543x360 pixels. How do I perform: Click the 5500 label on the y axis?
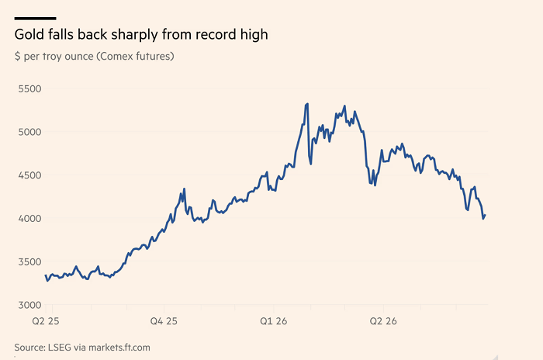[x=29, y=88]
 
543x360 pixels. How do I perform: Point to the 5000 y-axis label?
[x=29, y=132]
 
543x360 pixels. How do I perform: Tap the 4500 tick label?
[x=29, y=175]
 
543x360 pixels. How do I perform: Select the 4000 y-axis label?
[x=29, y=219]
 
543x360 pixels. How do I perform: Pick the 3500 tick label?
[x=29, y=262]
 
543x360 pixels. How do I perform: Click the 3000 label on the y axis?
[x=29, y=305]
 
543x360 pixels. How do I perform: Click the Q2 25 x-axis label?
[x=46, y=321]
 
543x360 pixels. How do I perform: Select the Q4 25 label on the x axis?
[x=164, y=321]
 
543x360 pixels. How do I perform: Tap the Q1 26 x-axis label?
[x=274, y=321]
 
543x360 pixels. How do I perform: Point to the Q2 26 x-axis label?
[x=383, y=321]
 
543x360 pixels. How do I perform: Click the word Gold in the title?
[x=29, y=34]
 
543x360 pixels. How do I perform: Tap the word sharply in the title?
[x=135, y=35]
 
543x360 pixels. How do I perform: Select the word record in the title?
[x=214, y=34]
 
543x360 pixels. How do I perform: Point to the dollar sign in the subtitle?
[x=18, y=56]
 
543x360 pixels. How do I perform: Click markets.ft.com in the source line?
[x=119, y=348]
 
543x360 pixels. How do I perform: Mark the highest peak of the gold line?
[x=307, y=104]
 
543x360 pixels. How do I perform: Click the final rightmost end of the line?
[x=486, y=215]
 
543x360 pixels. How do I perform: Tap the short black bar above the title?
[x=36, y=19]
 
